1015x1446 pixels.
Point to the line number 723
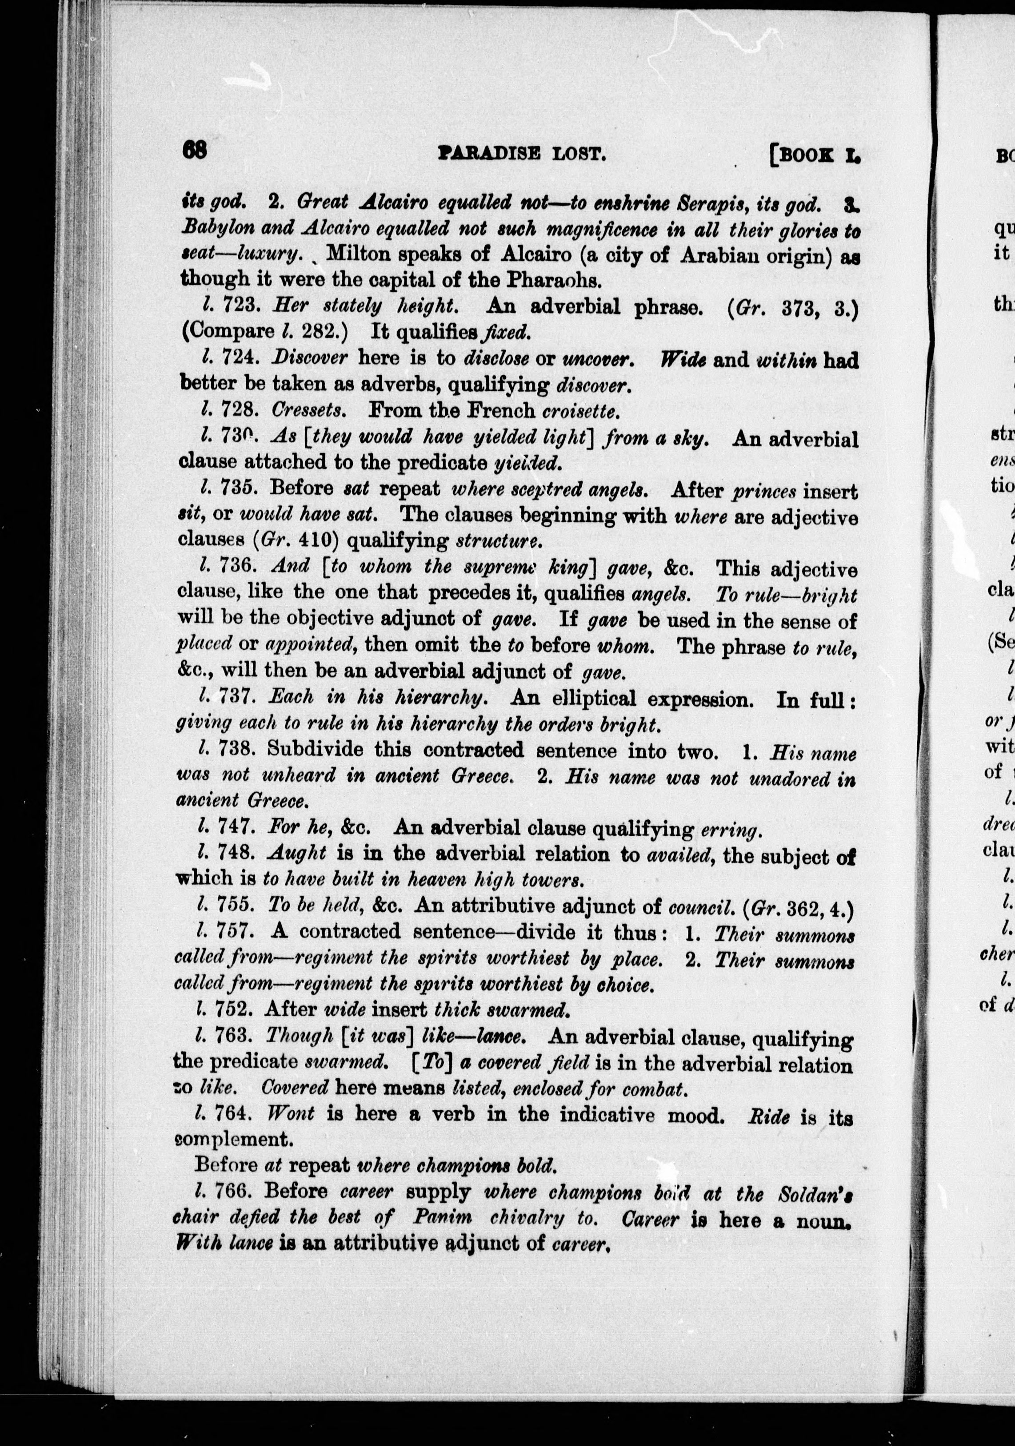[x=240, y=307]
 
